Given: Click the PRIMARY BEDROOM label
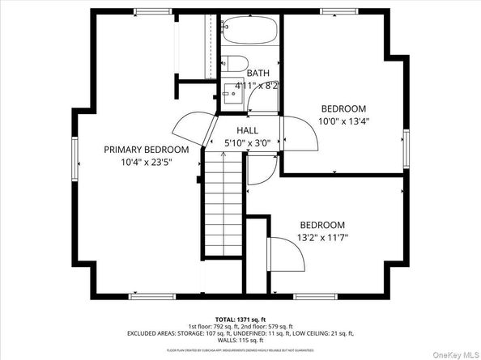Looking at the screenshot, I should [x=147, y=150].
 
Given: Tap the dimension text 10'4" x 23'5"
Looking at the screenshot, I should [x=147, y=162].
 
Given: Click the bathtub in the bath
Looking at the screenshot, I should [x=249, y=33].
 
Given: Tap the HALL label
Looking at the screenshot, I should [x=247, y=130].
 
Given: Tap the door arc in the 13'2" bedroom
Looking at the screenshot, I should [x=287, y=253].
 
